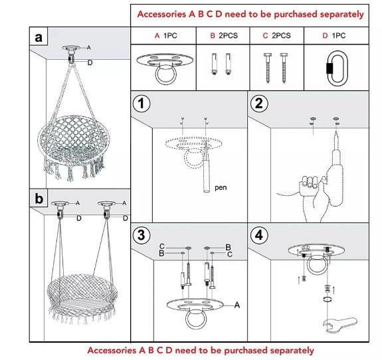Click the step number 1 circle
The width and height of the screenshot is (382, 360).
[x=141, y=105]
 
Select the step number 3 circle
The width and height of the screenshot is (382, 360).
[x=141, y=235]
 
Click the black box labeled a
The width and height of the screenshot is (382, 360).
[x=39, y=38]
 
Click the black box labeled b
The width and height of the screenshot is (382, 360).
[x=39, y=198]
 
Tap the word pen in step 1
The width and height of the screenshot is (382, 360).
[x=221, y=188]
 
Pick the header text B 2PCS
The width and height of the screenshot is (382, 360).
[x=223, y=35]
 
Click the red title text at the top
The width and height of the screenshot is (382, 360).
[x=250, y=13]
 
